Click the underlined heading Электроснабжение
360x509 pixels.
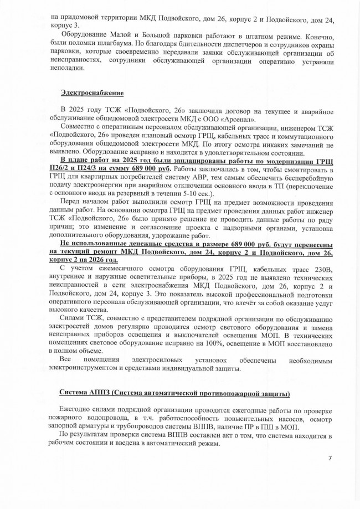[x=91, y=92]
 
